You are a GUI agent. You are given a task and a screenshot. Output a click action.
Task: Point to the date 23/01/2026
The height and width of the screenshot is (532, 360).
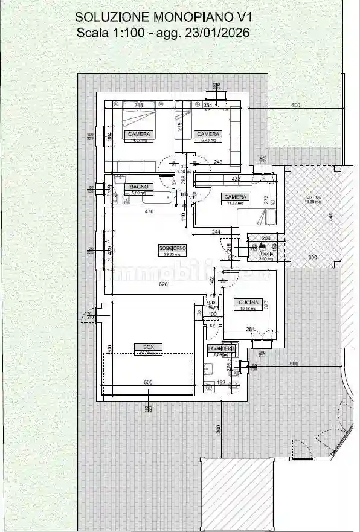click(220, 34)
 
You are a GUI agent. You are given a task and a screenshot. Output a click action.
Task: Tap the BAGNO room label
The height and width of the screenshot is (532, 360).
click(138, 187)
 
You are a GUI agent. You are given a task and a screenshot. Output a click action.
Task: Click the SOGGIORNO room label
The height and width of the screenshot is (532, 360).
click(172, 248)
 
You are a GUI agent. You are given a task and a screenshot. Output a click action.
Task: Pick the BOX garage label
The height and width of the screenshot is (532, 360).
click(148, 347)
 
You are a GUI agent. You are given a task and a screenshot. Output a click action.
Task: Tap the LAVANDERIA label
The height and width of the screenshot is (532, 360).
click(222, 349)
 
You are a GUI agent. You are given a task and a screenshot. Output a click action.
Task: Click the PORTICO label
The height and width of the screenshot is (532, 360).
click(312, 197)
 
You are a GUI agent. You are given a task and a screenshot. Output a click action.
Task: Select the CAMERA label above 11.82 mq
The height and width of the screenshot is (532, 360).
click(235, 197)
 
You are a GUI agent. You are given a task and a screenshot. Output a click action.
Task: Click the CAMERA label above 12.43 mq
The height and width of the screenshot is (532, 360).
click(207, 133)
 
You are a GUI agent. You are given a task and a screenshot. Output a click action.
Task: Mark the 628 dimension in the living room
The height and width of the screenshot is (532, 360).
click(163, 284)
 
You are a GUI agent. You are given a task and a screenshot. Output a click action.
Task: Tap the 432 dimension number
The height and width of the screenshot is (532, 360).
click(236, 179)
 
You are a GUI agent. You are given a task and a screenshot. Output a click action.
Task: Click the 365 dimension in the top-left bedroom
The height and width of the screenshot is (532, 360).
click(138, 106)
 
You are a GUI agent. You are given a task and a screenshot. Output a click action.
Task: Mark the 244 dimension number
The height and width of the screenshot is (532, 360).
click(216, 232)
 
